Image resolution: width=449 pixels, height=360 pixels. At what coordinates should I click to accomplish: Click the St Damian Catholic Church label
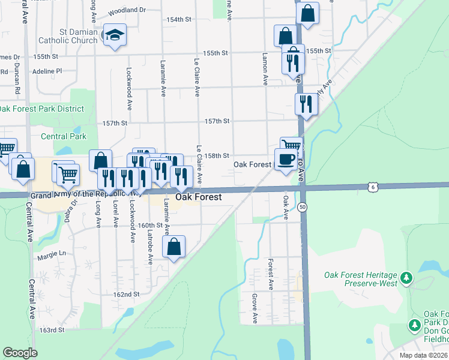[x=67, y=36]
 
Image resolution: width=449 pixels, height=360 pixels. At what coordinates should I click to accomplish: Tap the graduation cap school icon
[x=114, y=35]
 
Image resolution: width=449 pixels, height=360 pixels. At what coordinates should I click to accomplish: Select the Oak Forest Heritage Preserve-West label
[x=361, y=279]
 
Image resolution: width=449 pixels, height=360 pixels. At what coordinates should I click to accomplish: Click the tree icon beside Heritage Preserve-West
[x=407, y=278]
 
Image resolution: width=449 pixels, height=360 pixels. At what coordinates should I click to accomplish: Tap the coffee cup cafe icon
[x=286, y=160]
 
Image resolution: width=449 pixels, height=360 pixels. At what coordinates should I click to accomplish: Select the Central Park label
[x=64, y=136]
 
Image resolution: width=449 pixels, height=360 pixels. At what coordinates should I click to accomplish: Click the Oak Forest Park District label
[x=41, y=109]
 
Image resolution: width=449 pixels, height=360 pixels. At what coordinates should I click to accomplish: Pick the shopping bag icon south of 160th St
[x=173, y=246]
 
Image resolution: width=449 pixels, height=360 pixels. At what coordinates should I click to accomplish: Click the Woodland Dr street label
[x=127, y=11]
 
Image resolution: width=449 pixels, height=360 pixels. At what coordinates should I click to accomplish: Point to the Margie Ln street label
[x=51, y=255]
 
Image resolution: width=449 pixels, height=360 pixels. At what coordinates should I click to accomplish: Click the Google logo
[x=20, y=353]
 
